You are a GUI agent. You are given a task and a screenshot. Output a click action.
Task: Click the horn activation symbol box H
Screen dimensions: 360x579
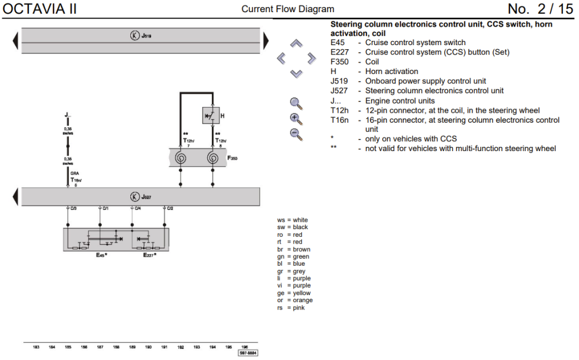211,116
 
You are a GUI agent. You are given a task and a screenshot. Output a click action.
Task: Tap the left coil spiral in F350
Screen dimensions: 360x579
181,158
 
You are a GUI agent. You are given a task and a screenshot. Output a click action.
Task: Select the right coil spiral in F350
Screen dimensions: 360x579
212,158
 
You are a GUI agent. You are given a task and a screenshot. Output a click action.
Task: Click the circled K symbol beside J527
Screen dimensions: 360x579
135,197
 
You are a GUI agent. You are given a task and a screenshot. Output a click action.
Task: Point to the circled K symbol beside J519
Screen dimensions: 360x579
135,36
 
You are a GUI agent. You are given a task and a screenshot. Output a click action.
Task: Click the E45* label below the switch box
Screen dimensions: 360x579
102,255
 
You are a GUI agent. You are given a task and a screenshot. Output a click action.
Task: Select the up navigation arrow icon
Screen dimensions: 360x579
296,43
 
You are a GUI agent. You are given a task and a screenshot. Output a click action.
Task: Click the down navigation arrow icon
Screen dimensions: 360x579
296,73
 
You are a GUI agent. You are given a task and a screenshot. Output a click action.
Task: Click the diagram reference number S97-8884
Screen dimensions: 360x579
248,352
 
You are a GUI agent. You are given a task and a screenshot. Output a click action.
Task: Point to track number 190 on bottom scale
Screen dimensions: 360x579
148,347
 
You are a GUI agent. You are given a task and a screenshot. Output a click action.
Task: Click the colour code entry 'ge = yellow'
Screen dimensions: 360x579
294,293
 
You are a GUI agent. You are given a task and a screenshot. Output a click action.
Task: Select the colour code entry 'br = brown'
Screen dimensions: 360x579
293,249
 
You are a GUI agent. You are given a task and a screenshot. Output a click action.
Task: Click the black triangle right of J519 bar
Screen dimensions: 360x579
266,41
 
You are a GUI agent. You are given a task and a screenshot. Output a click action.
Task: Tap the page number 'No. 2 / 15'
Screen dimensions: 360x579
540,9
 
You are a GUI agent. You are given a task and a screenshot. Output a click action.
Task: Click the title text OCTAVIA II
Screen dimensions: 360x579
39,9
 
